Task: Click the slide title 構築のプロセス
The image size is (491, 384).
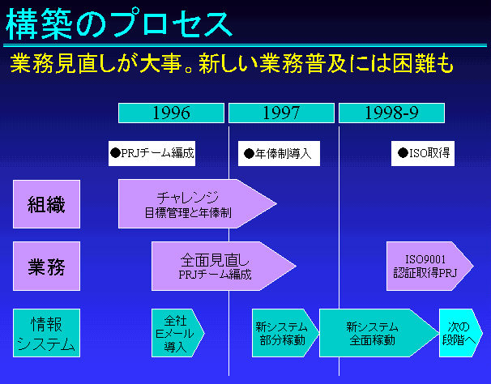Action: click(119, 24)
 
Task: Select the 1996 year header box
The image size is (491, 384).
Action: click(172, 113)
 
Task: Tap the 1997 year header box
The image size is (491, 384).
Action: click(281, 113)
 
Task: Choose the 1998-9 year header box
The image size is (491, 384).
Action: click(391, 113)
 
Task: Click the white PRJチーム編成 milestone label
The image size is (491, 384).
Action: click(152, 152)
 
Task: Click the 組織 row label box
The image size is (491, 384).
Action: click(46, 204)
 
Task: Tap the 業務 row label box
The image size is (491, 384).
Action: click(46, 265)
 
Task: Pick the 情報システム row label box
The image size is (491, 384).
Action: click(46, 332)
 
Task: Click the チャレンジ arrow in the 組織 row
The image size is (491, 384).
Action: click(190, 204)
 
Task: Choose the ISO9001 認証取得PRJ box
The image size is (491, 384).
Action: click(425, 266)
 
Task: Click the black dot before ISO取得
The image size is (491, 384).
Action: click(403, 152)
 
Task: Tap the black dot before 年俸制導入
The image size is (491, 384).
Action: click(250, 152)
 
